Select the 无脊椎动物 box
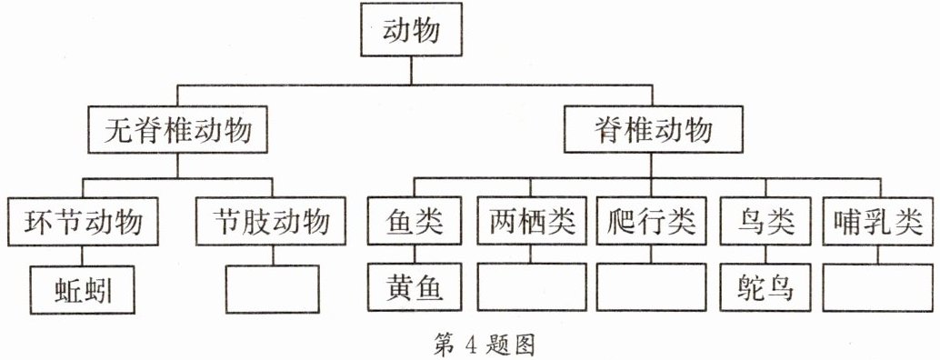(x=180, y=132)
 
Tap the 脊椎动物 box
(x=649, y=132)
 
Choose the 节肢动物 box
(x=271, y=221)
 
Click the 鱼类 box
(x=411, y=221)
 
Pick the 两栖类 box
(x=531, y=221)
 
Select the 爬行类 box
(x=651, y=221)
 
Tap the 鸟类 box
(x=762, y=221)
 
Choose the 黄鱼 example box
(x=411, y=289)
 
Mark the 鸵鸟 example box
(x=762, y=289)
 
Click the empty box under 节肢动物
(x=271, y=289)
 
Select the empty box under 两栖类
(x=531, y=289)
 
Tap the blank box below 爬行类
(x=651, y=289)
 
